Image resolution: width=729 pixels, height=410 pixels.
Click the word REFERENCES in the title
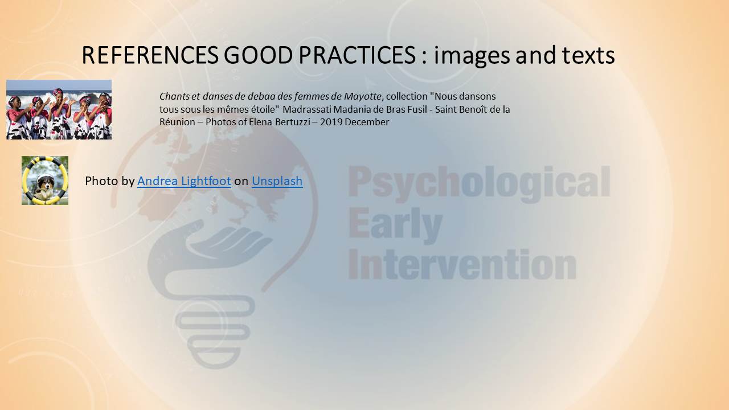point(150,55)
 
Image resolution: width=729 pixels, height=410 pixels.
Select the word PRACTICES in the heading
point(357,55)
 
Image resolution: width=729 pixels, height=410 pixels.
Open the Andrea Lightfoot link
point(184,181)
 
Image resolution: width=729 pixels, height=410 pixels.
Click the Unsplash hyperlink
point(277,181)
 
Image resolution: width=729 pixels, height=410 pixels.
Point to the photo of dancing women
point(59,110)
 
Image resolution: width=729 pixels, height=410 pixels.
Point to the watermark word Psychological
point(479,182)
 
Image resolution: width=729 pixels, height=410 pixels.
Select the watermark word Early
point(395,225)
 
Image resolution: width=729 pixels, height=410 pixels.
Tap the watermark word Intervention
point(462,264)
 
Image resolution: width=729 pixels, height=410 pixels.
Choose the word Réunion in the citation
point(177,122)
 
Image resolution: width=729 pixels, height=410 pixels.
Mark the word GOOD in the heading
point(259,55)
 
